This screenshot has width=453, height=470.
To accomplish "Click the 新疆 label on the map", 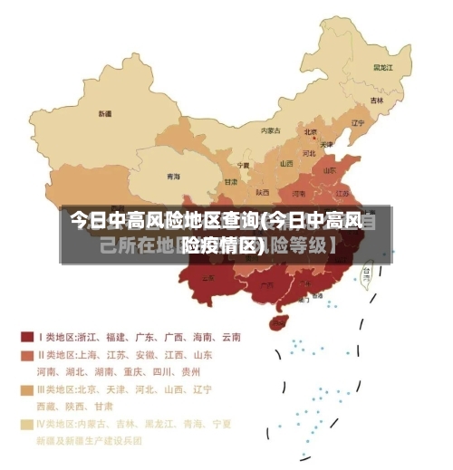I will pyautogui.click(x=106, y=114).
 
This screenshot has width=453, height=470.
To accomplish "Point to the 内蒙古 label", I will pyautogui.click(x=271, y=130).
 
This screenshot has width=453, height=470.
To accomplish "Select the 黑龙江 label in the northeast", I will pyautogui.click(x=382, y=67).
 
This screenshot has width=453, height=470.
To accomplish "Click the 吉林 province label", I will pyautogui.click(x=376, y=101).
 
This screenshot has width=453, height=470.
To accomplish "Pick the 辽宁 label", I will pyautogui.click(x=357, y=123).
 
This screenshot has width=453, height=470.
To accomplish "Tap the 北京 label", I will pyautogui.click(x=311, y=130).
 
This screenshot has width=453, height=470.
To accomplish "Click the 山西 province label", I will pyautogui.click(x=286, y=164).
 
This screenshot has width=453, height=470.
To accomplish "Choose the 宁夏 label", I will pyautogui.click(x=243, y=165).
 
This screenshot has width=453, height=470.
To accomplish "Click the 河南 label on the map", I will pyautogui.click(x=298, y=193).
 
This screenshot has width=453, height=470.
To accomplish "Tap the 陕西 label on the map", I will pyautogui.click(x=263, y=192).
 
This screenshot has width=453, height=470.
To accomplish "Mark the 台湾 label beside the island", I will pyautogui.click(x=366, y=270).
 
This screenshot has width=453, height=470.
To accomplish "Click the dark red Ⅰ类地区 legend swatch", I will pyautogui.click(x=27, y=337).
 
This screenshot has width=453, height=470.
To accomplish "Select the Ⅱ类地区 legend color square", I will pyautogui.click(x=27, y=354).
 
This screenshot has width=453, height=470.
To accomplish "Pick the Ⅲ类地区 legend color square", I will pyautogui.click(x=27, y=389).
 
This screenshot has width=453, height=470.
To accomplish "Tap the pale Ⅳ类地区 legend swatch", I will pyautogui.click(x=27, y=423).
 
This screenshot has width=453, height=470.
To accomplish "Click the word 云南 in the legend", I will pyautogui.click(x=230, y=337).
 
